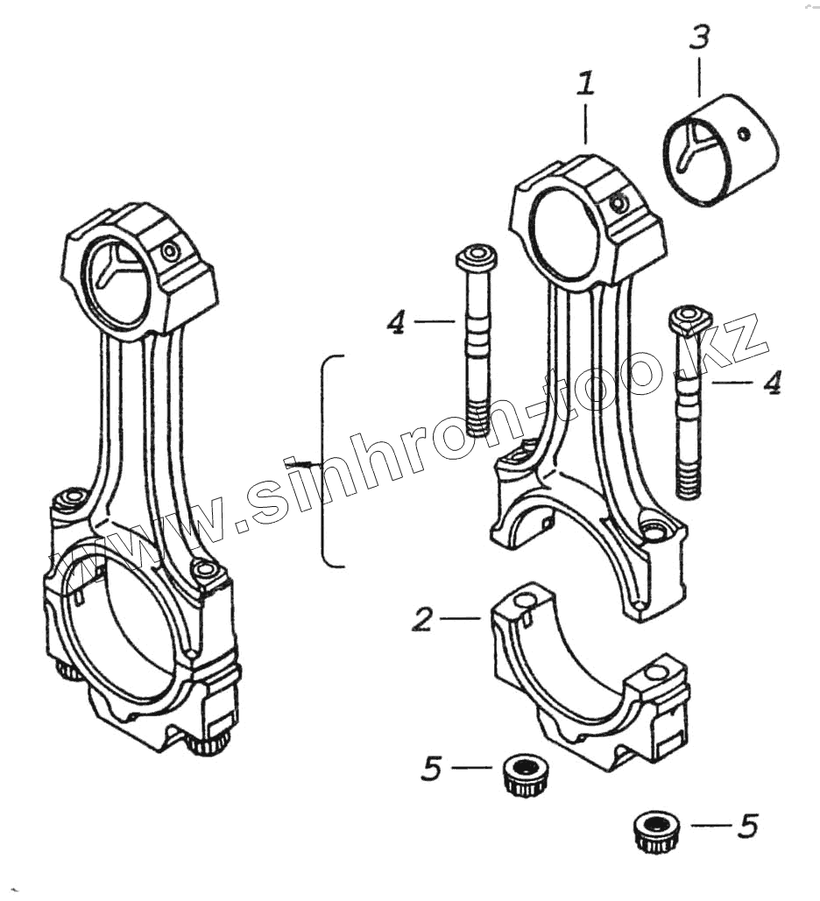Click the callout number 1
point(585,85)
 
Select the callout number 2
point(422,620)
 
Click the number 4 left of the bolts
point(397,323)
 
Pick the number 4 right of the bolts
point(771,384)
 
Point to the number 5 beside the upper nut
point(431,769)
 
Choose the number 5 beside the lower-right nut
point(746,826)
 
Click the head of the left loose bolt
point(476,257)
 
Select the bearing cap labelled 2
point(587,674)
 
